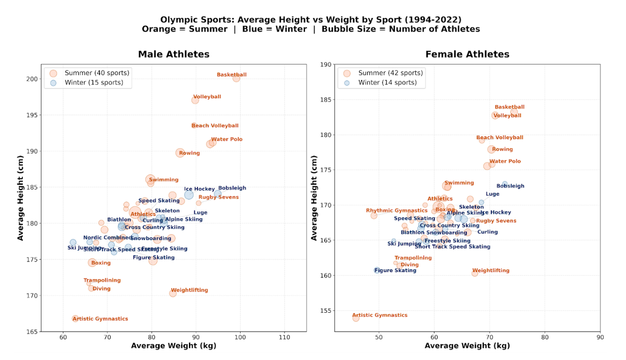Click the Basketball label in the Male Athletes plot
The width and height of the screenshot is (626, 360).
[232, 75]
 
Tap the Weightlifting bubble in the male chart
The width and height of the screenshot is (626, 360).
[172, 293]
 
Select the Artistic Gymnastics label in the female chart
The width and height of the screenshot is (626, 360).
[380, 315]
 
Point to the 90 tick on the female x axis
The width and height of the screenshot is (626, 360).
[600, 337]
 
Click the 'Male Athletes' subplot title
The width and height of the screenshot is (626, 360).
[174, 54]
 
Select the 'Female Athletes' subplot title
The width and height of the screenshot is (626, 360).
[467, 54]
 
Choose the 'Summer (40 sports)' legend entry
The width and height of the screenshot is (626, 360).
[97, 73]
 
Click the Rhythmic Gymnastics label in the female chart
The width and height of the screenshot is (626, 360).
[397, 211]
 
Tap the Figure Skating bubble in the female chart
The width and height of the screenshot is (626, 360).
[377, 271]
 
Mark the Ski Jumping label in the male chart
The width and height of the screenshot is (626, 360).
[84, 248]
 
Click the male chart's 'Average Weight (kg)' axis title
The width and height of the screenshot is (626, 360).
[174, 346]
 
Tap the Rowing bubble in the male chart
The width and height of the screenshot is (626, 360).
[180, 153]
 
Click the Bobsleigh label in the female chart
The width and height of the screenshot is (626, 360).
[510, 186]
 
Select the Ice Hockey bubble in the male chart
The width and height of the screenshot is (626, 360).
[189, 195]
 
